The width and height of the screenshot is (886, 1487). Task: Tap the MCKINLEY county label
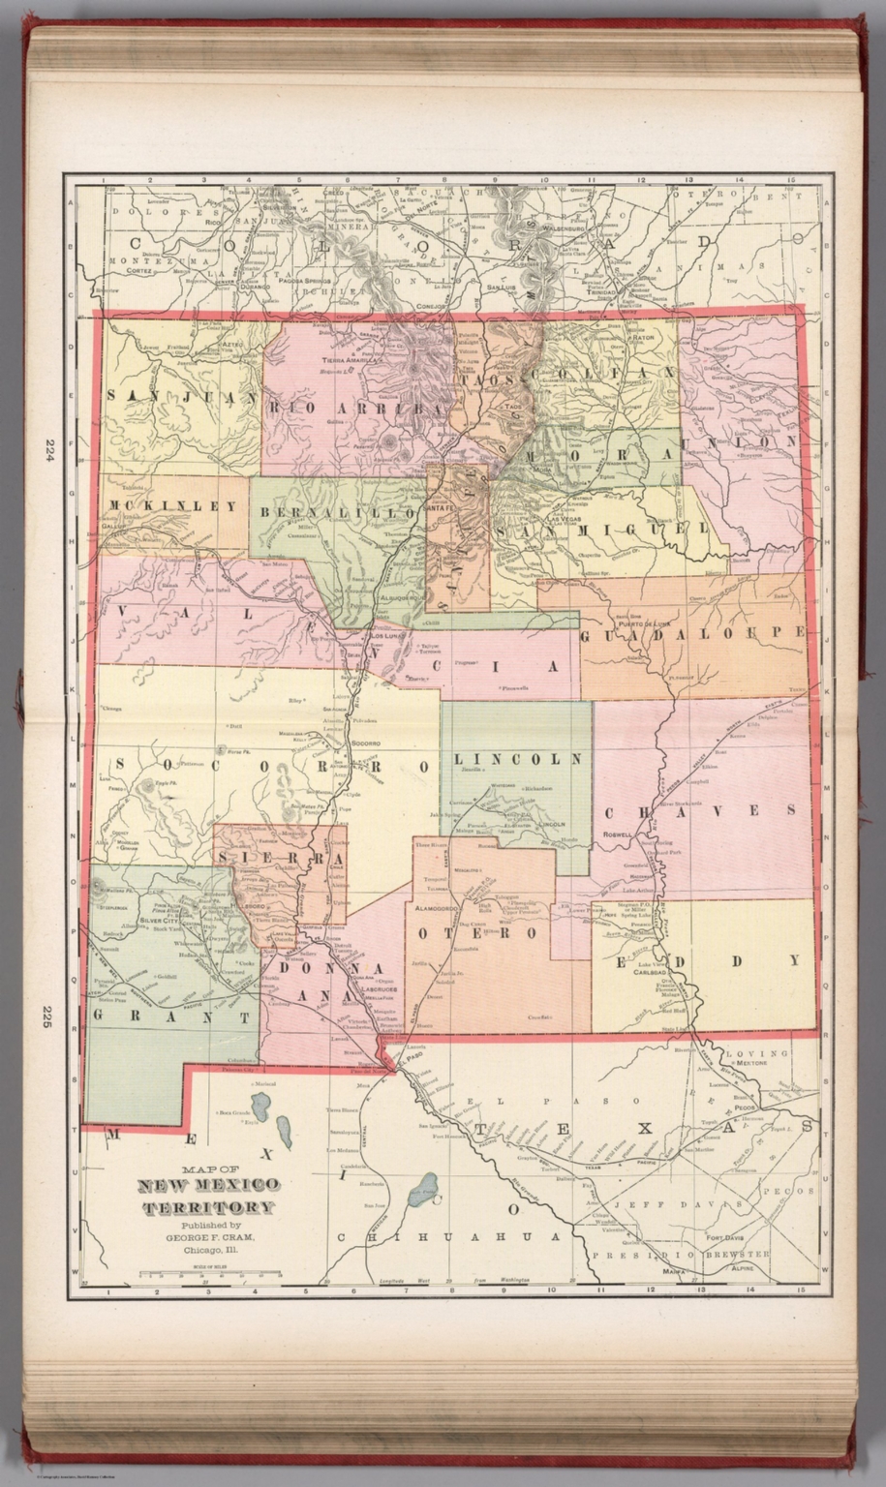click(x=172, y=505)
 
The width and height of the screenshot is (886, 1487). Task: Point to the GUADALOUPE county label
click(x=692, y=632)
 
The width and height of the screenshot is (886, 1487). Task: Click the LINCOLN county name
click(x=518, y=758)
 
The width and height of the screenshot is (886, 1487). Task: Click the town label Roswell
click(x=616, y=833)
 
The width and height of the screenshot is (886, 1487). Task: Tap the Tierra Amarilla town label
click(x=350, y=359)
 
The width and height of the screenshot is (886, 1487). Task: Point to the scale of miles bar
click(x=208, y=1275)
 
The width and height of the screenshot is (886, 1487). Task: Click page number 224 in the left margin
click(x=47, y=450)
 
